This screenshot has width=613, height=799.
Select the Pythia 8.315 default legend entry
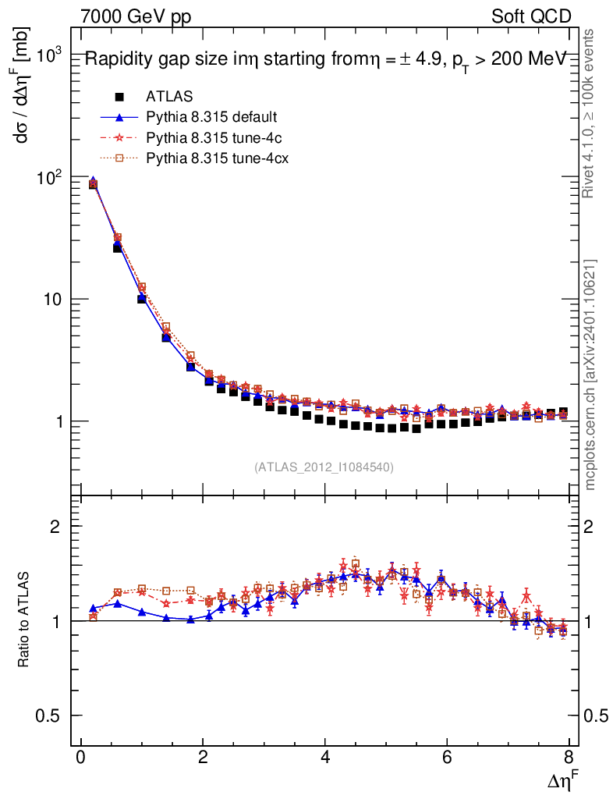(211, 117)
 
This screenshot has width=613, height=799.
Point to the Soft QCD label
(531, 16)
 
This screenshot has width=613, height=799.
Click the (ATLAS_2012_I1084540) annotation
(324, 467)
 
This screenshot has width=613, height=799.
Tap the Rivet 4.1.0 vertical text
(590, 113)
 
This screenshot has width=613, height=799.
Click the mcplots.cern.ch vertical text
(590, 375)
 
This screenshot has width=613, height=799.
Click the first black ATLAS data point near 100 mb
(93, 184)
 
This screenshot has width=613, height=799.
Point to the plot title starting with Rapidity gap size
(324, 60)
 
